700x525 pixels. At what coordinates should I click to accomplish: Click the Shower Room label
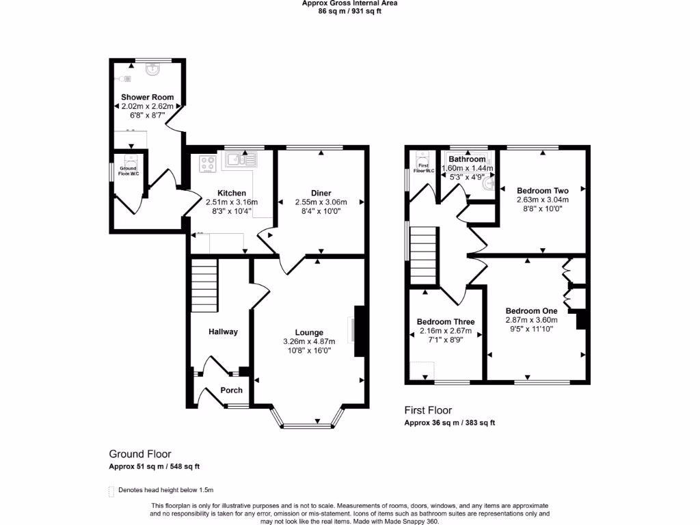pyautogui.click(x=147, y=97)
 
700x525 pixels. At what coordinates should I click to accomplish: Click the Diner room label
pyautogui.click(x=321, y=193)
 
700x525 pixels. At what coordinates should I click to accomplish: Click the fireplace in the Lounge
pyautogui.click(x=359, y=331)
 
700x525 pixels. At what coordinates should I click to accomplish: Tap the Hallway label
pyautogui.click(x=223, y=332)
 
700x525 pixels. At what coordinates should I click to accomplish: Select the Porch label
pyautogui.click(x=231, y=390)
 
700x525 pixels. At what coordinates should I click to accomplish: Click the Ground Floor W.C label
pyautogui.click(x=129, y=171)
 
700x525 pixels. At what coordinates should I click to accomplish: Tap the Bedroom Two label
pyautogui.click(x=543, y=191)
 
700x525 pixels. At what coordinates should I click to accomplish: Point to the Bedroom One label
pyautogui.click(x=531, y=310)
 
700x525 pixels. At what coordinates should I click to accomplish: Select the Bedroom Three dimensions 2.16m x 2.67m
pyautogui.click(x=445, y=331)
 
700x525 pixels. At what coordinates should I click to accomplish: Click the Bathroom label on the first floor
pyautogui.click(x=467, y=159)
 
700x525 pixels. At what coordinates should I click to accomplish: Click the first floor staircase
pyautogui.click(x=423, y=254)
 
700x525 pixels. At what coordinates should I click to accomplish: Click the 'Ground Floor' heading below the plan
pyautogui.click(x=140, y=454)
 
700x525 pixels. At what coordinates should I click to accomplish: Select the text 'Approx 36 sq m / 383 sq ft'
pyautogui.click(x=449, y=422)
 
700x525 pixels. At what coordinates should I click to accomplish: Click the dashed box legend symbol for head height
pyautogui.click(x=111, y=490)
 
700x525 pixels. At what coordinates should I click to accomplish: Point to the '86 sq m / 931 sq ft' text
pyautogui.click(x=349, y=11)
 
